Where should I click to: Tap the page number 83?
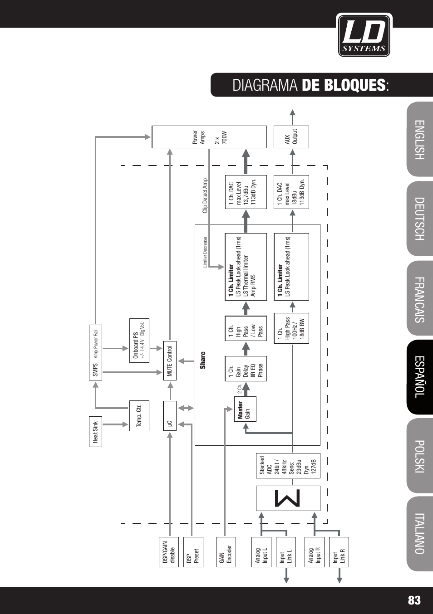[x=414, y=600]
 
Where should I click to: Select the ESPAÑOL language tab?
[x=420, y=377]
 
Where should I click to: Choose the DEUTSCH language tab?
[x=420, y=219]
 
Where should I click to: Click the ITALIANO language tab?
[x=420, y=534]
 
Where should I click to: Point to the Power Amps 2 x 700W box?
[x=209, y=137]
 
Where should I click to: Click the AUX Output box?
[x=291, y=137]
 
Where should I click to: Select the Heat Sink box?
[x=95, y=432]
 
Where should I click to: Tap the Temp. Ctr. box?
[x=139, y=415]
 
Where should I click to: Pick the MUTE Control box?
[x=170, y=361]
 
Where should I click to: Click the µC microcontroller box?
[x=170, y=416]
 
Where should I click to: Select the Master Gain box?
[x=245, y=409]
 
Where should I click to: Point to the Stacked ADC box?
[x=288, y=466]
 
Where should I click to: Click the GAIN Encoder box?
[x=226, y=552]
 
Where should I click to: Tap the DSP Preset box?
[x=193, y=552]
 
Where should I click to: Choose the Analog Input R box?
[x=315, y=552]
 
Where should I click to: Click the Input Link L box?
[x=285, y=552]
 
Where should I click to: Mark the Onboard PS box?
[x=139, y=341]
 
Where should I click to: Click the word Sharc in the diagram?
[x=203, y=361]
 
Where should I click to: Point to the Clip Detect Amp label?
[x=205, y=195]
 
